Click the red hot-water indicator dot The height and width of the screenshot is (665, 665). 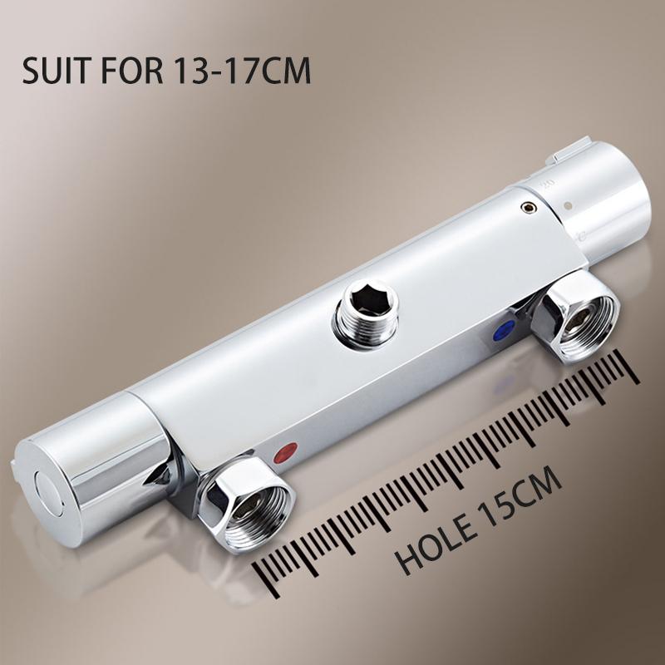pyautogui.click(x=285, y=453)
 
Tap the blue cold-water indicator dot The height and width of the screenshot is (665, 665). pyautogui.click(x=505, y=330)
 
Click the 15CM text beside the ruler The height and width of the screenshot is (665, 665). pyautogui.click(x=521, y=494)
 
